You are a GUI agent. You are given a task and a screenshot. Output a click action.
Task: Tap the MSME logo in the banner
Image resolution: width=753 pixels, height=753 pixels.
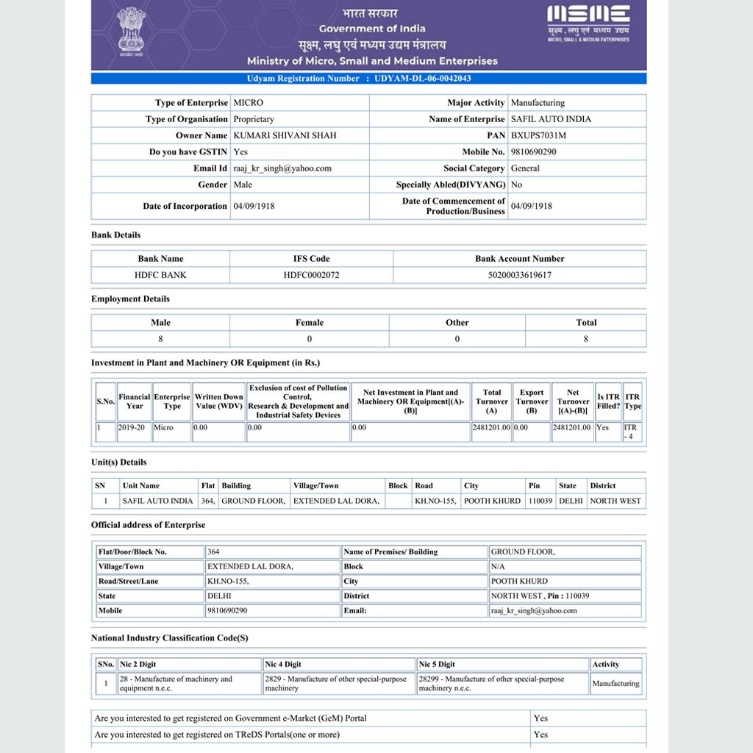pyautogui.click(x=588, y=23)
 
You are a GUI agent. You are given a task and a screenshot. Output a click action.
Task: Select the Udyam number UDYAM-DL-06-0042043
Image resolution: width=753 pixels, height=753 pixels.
pyautogui.click(x=422, y=79)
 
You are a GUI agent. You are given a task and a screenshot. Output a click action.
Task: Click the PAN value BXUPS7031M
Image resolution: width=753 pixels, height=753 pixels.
pyautogui.click(x=538, y=135)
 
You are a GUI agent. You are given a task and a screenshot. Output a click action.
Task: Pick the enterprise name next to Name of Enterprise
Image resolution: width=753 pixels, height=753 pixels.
pyautogui.click(x=551, y=119)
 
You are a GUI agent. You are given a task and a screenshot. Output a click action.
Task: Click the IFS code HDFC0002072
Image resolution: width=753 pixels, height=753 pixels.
pyautogui.click(x=311, y=275)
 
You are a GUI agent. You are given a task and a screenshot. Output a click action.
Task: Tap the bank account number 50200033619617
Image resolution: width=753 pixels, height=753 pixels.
pyautogui.click(x=519, y=275)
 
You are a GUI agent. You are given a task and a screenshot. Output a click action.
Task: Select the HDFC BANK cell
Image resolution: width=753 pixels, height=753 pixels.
pyautogui.click(x=160, y=275)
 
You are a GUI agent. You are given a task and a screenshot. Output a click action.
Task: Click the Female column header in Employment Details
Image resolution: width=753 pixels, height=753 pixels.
pyautogui.click(x=310, y=322)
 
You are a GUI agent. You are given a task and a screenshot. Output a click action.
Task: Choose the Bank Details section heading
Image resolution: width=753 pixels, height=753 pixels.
pyautogui.click(x=115, y=235)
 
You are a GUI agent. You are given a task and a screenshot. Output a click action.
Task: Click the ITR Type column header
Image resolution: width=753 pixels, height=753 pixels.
pyautogui.click(x=632, y=402)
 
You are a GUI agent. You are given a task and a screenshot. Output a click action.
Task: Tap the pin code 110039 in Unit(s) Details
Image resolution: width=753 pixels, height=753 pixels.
pyautogui.click(x=540, y=501)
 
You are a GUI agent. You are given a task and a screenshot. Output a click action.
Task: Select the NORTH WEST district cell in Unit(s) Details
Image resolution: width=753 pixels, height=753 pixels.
pyautogui.click(x=615, y=501)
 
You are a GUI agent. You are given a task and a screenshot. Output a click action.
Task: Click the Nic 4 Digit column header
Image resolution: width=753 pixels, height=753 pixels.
pyautogui.click(x=282, y=664)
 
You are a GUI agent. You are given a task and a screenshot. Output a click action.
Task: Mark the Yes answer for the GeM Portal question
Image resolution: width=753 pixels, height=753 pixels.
pyautogui.click(x=540, y=718)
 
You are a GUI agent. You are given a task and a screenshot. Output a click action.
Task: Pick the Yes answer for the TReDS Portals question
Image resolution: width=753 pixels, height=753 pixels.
pyautogui.click(x=540, y=735)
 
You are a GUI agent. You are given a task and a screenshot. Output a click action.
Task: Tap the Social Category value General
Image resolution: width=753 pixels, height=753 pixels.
pyautogui.click(x=525, y=168)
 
